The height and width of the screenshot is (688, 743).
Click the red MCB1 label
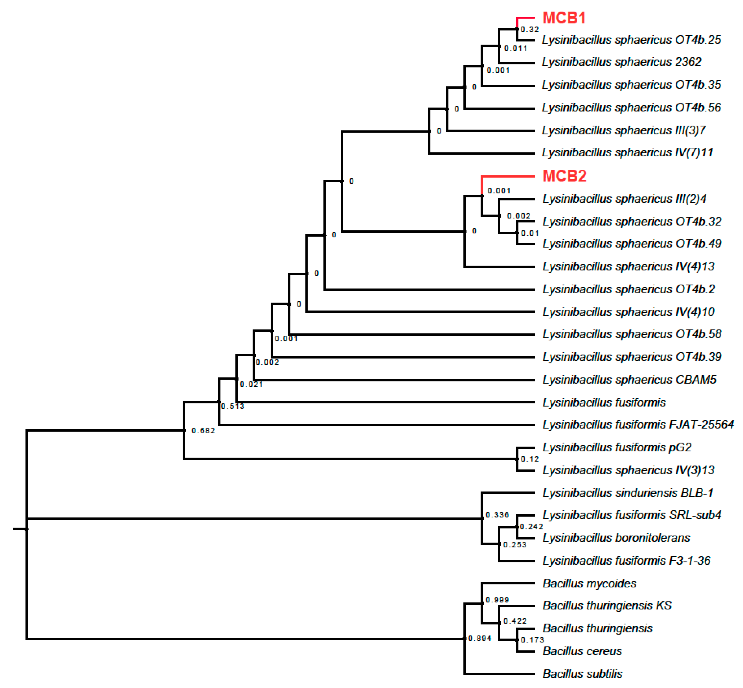tap(564, 18)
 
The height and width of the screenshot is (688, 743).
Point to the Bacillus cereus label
tap(582, 651)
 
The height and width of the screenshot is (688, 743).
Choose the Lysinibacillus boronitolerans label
tap(616, 538)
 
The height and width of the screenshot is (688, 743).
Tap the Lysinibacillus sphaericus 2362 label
tap(621, 62)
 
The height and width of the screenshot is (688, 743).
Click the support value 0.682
tap(203, 431)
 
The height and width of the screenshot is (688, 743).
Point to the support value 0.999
tap(497, 600)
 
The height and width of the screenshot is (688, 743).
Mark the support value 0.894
tap(480, 638)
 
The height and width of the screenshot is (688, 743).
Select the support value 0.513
tap(232, 406)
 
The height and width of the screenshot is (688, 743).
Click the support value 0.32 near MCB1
tap(529, 29)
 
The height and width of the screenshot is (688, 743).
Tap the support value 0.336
tap(497, 515)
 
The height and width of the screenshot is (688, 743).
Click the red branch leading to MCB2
tap(508, 176)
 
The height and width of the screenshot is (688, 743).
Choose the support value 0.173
tap(532, 640)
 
